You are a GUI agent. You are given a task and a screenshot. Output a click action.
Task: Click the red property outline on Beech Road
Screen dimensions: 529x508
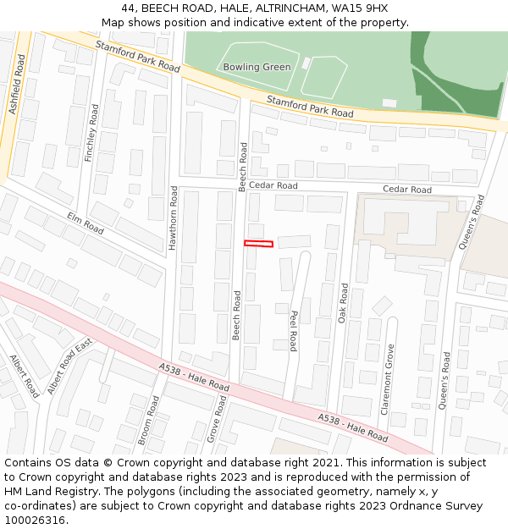[x=259, y=244]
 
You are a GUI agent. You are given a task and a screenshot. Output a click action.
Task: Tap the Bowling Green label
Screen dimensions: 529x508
[x=257, y=67]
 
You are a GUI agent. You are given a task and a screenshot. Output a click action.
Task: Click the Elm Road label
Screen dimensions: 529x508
[x=85, y=223]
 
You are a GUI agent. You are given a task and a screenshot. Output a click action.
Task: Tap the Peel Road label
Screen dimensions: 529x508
[x=293, y=330]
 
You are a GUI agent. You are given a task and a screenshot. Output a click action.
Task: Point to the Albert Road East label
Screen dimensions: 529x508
[x=69, y=367]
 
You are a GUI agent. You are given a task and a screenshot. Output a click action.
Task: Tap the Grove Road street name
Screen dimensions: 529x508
[x=216, y=420]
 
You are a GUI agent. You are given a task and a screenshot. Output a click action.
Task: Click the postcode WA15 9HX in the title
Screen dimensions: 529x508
[x=363, y=8]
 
